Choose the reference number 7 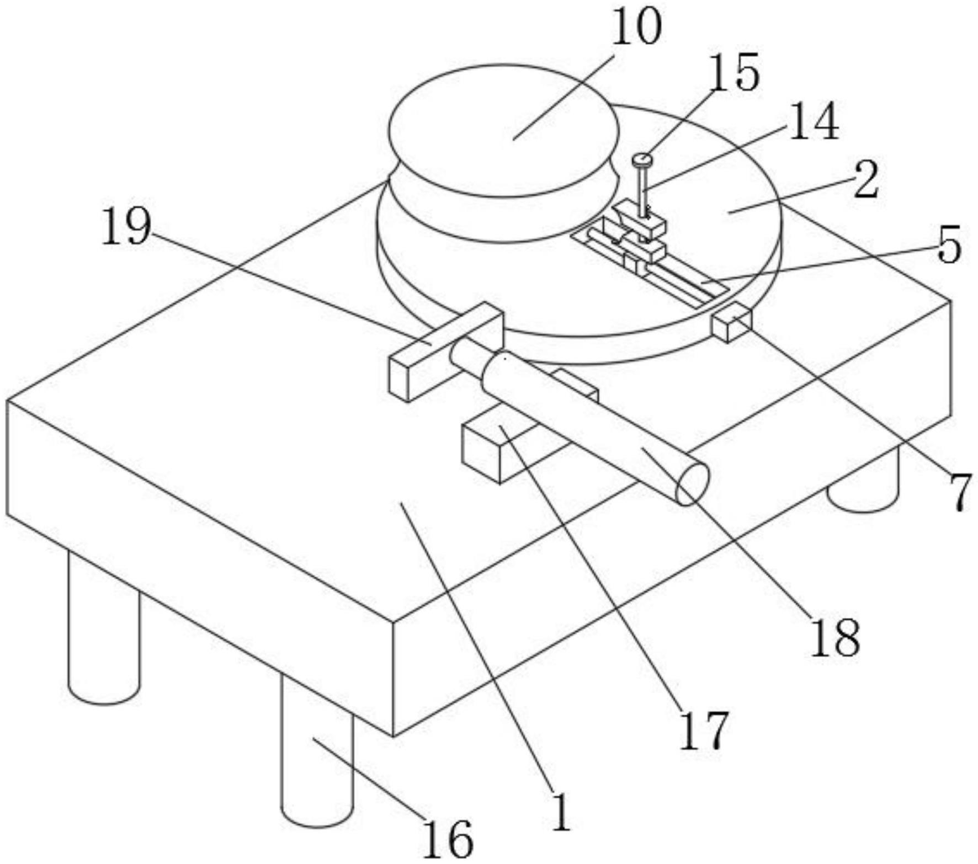[x=961, y=491]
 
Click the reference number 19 [x=126, y=227]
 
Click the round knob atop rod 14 [x=642, y=160]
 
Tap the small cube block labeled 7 [x=731, y=326]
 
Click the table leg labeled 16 [x=316, y=772]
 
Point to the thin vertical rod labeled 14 [x=642, y=190]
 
